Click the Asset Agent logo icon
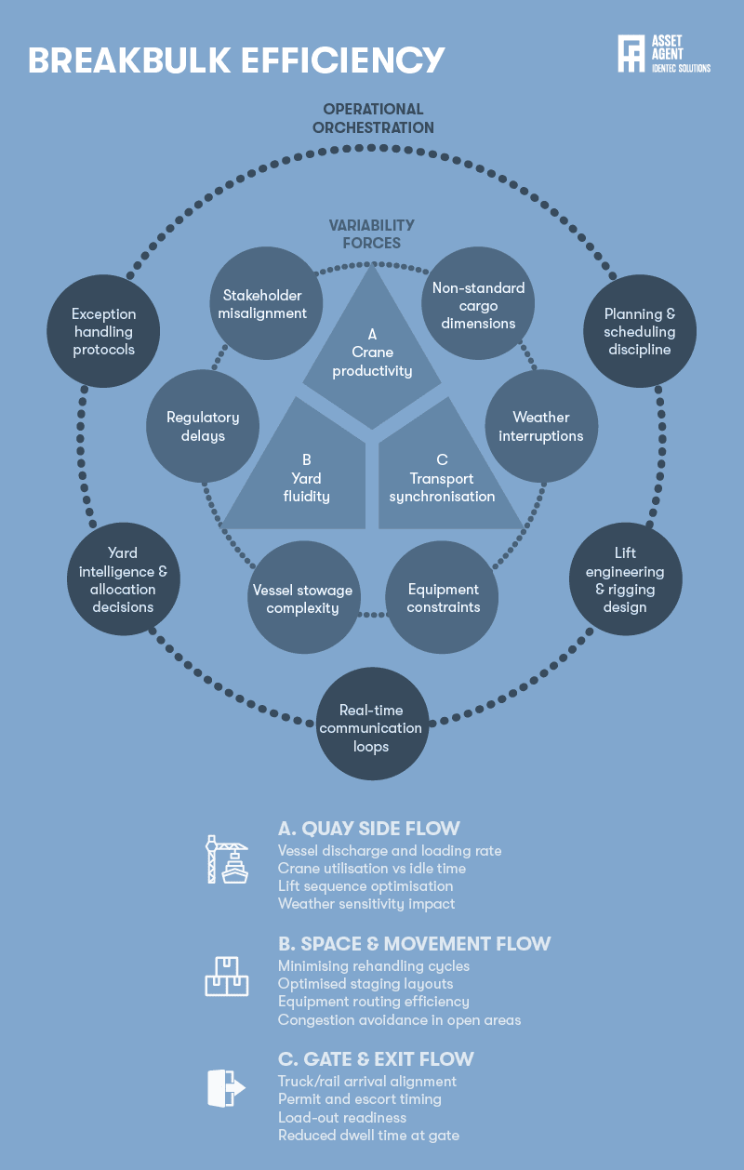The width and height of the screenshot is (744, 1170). [x=631, y=53]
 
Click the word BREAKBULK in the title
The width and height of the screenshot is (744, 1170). [x=129, y=60]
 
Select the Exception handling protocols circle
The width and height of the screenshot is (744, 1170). [x=103, y=331]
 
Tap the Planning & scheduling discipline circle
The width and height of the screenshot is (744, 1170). [x=640, y=331]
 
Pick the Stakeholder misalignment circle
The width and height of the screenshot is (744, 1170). [x=266, y=303]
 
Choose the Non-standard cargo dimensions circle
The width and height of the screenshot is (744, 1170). [x=478, y=303]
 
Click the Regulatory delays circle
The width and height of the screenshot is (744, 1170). [x=203, y=426]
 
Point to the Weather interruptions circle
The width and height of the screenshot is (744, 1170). [x=541, y=426]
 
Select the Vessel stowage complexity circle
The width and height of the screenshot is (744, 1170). [x=303, y=597]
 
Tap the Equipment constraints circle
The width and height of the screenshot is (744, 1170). [x=442, y=597]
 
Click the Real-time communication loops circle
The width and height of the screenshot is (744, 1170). [x=373, y=724]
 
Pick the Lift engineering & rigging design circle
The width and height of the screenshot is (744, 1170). [x=625, y=578]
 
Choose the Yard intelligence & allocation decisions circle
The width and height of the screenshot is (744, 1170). [x=124, y=578]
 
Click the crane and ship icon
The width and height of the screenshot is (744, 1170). [x=227, y=859]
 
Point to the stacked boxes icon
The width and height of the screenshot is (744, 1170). [x=227, y=977]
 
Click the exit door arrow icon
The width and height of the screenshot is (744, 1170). [x=226, y=1088]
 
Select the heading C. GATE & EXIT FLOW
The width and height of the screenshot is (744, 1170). [x=376, y=1058]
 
